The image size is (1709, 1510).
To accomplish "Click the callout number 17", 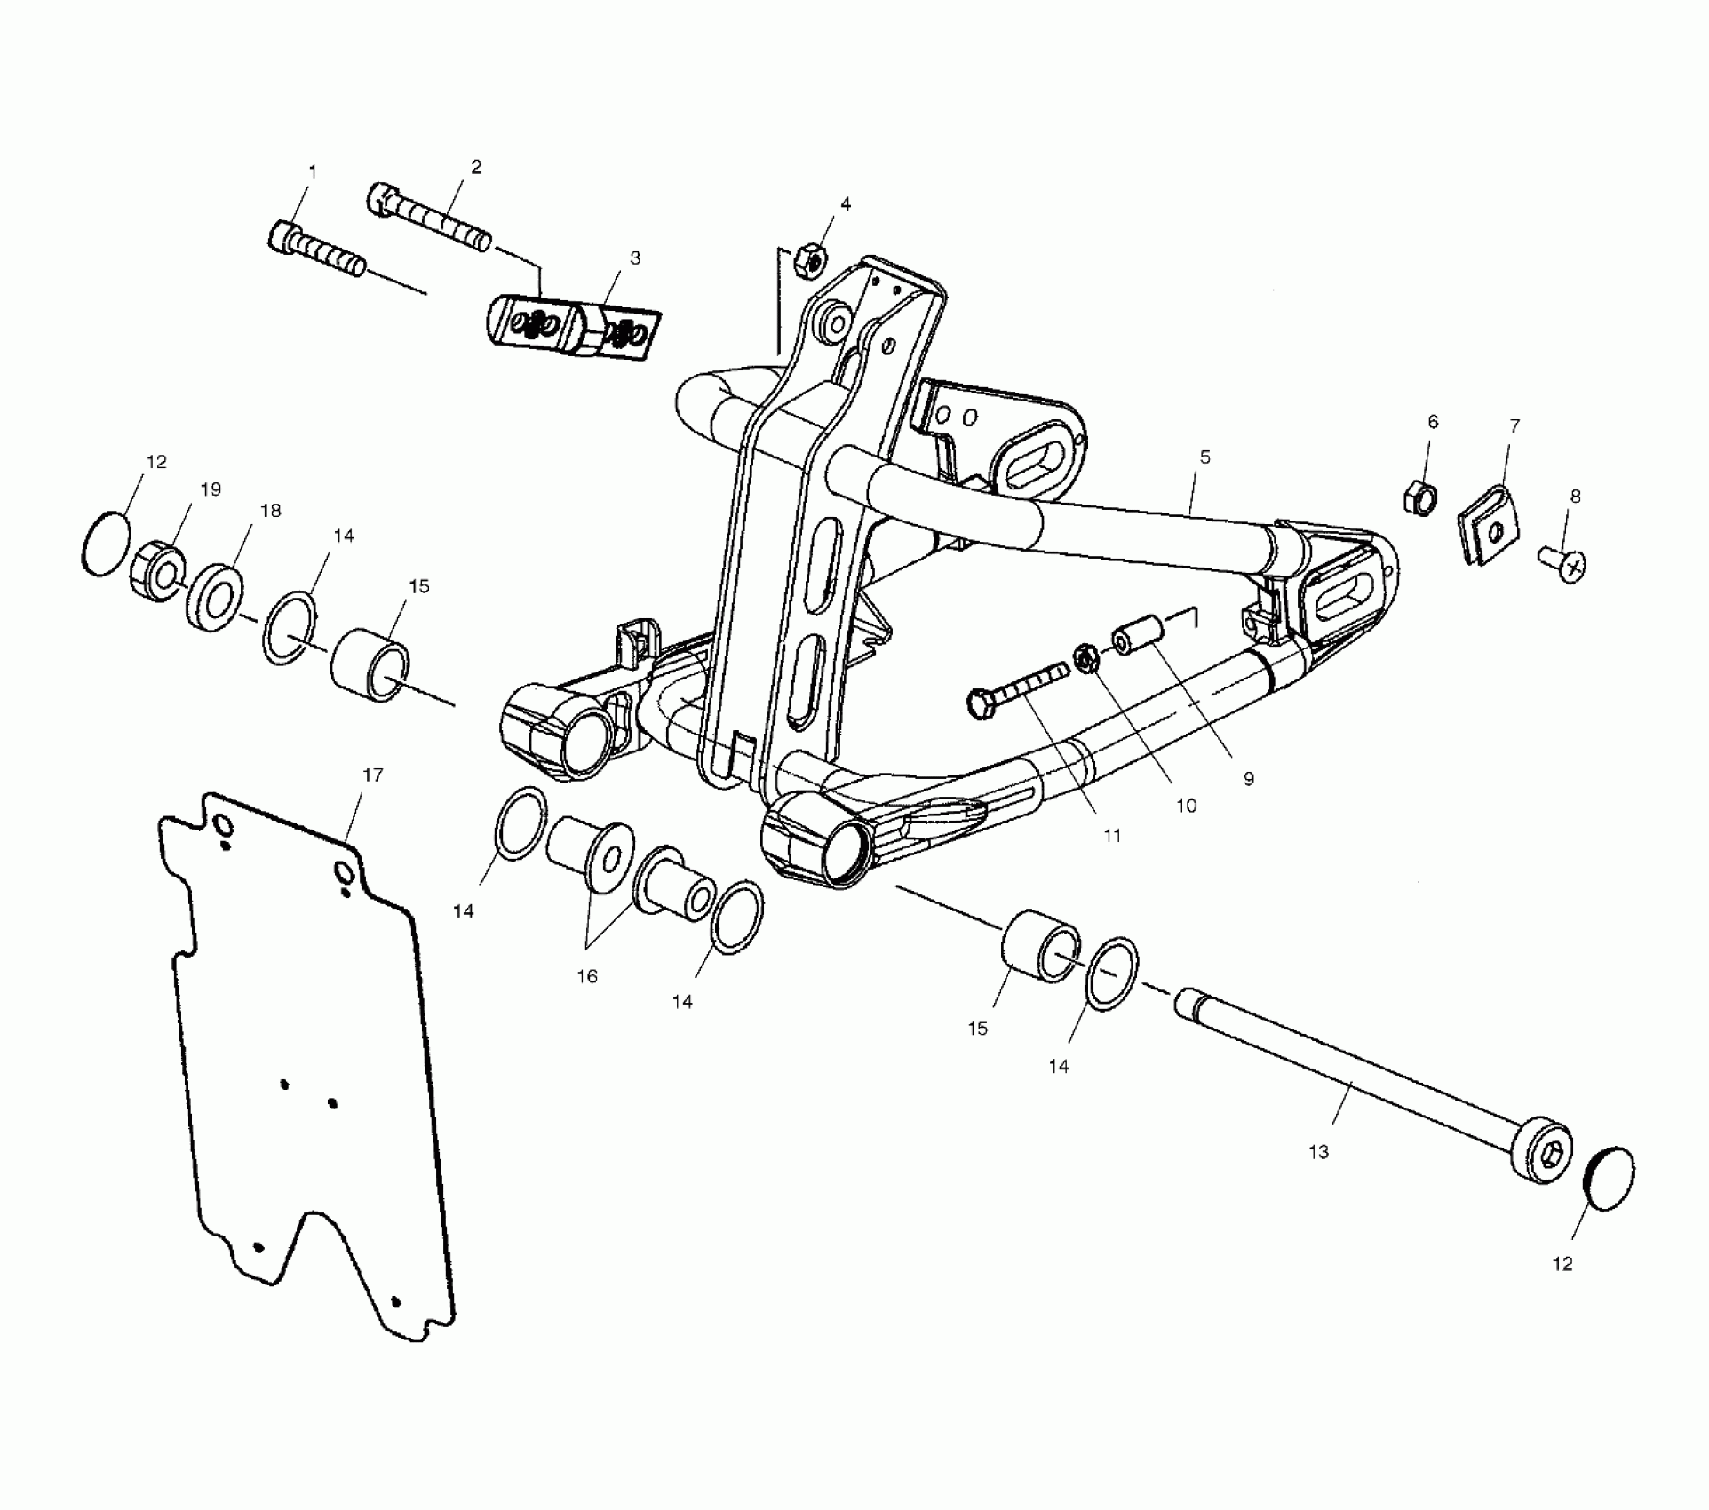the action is click(372, 775).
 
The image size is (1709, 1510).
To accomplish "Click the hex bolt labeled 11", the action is click(1017, 690).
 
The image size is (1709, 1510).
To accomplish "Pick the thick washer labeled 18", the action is click(211, 595).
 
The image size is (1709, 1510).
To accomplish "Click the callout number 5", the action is click(1204, 457).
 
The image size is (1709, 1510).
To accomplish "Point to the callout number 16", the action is click(587, 976).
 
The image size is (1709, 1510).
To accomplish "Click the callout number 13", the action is click(1318, 1152).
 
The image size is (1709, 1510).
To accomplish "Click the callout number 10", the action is click(1186, 806).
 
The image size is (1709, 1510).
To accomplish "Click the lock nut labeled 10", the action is click(1086, 659).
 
